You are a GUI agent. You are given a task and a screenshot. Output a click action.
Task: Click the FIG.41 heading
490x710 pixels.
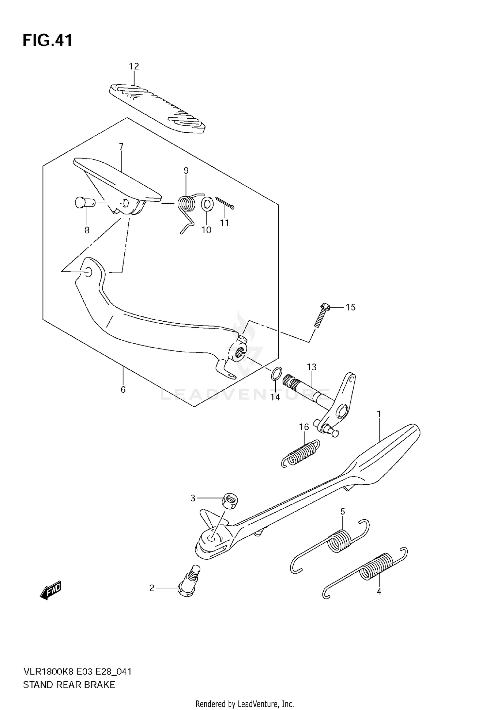tap(47, 41)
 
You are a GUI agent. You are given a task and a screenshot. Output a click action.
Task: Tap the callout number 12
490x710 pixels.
tap(134, 66)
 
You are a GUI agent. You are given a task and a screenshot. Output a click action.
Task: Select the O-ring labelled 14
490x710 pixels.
tap(275, 373)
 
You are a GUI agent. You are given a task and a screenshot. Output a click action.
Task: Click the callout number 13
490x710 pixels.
tap(312, 367)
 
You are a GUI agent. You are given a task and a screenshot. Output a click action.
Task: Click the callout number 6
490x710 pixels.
tap(123, 390)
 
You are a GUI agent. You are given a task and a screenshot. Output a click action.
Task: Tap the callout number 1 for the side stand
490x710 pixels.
tap(379, 414)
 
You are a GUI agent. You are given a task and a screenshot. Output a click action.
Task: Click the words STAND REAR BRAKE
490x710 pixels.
tap(69, 685)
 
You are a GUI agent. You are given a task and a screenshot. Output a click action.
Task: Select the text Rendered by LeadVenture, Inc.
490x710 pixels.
tap(245, 703)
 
